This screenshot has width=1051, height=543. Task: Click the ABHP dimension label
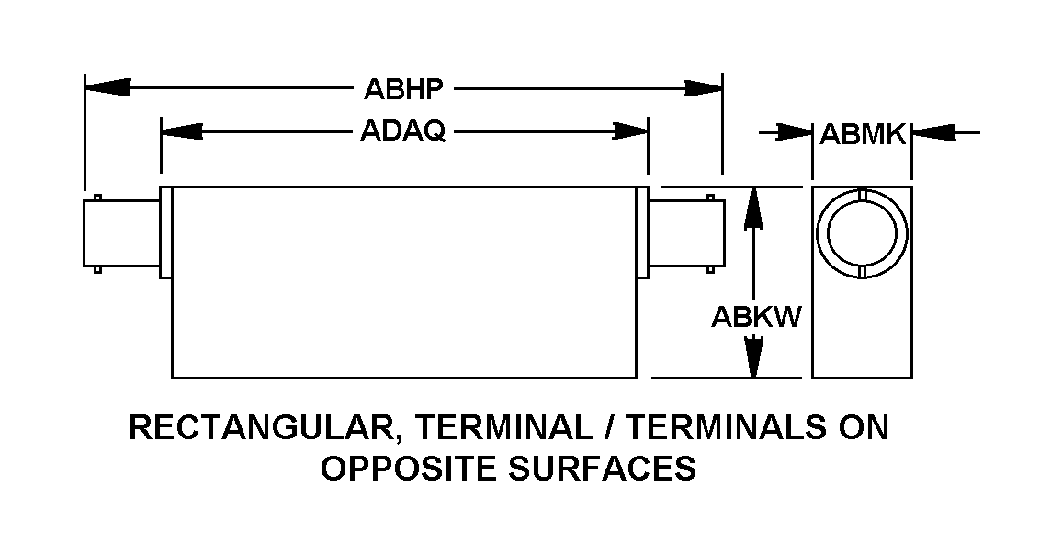coord(403,88)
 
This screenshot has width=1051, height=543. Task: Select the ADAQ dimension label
coord(402,131)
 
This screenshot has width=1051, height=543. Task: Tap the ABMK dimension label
coord(863,134)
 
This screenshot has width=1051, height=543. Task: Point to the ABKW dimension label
coord(756,317)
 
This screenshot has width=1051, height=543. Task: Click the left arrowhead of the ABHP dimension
coord(107,87)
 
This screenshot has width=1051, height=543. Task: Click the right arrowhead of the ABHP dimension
coord(702,88)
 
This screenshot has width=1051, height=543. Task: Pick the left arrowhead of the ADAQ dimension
coord(182,130)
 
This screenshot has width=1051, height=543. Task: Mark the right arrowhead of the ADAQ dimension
coord(630,130)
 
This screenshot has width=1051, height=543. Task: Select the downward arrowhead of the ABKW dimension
coord(754,356)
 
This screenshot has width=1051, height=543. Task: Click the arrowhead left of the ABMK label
coord(794,132)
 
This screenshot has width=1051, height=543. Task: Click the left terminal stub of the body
coord(122,234)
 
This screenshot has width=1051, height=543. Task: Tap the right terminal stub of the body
coord(686,234)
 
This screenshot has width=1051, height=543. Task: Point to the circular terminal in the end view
coord(862,233)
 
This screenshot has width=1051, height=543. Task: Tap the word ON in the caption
coord(864,427)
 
